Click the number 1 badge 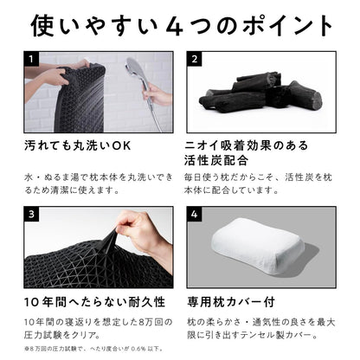[x=31, y=59]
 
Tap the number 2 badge [x=194, y=59]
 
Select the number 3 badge [x=31, y=214]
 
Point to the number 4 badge [x=194, y=214]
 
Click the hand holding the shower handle [x=157, y=95]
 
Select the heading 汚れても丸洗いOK [x=77, y=145]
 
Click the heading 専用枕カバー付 [x=231, y=302]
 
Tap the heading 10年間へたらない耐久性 [x=94, y=302]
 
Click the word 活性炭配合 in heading [x=216, y=160]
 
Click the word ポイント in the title [x=287, y=26]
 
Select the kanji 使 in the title [x=42, y=26]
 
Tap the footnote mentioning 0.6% [x=94, y=349]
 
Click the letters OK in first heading [x=121, y=145]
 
